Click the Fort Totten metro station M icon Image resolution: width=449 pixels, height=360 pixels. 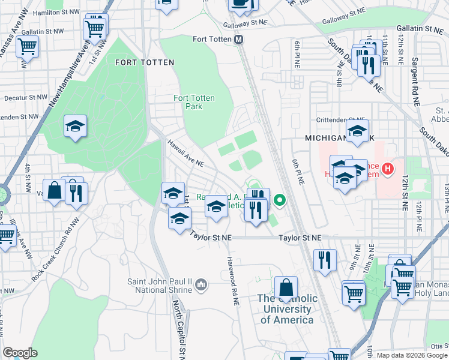click(x=239, y=40)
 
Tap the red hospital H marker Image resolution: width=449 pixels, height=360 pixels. click(x=388, y=169)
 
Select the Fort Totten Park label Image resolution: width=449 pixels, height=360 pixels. click(x=194, y=103)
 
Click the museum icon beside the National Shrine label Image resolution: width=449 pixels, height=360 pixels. click(x=201, y=283)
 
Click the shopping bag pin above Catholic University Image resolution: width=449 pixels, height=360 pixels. click(x=286, y=287)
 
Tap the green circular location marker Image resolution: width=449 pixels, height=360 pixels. click(x=279, y=200)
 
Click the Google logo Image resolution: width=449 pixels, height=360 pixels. click(x=20, y=353)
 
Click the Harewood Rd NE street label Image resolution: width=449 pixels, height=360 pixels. click(x=231, y=278)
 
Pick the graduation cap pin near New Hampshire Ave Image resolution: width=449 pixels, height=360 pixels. click(x=76, y=127)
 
